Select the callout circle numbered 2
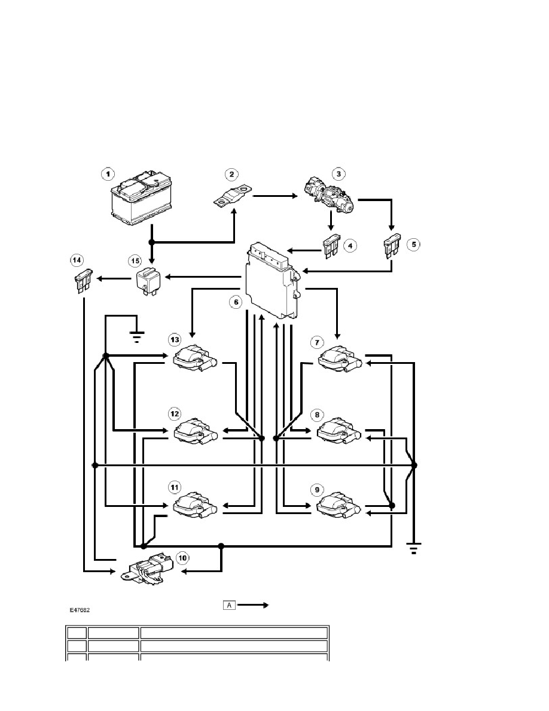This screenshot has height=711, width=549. click(x=231, y=175)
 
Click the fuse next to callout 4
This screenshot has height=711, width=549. click(x=331, y=247)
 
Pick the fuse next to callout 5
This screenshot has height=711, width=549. click(x=392, y=246)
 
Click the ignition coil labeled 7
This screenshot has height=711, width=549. click(x=340, y=360)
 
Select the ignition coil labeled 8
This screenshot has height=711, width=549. click(x=340, y=432)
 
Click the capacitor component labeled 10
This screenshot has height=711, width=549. click(x=148, y=568)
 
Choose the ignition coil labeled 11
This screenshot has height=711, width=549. click(x=195, y=505)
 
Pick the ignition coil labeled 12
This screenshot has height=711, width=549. click(x=196, y=432)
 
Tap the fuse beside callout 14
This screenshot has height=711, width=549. click(x=83, y=281)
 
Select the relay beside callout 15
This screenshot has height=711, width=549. click(x=145, y=281)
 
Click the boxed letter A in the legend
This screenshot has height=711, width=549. click(x=229, y=605)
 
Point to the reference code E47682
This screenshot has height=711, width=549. click(x=80, y=610)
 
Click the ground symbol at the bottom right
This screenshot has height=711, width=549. click(x=414, y=548)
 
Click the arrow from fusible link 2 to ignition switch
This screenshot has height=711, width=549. click(x=274, y=196)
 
